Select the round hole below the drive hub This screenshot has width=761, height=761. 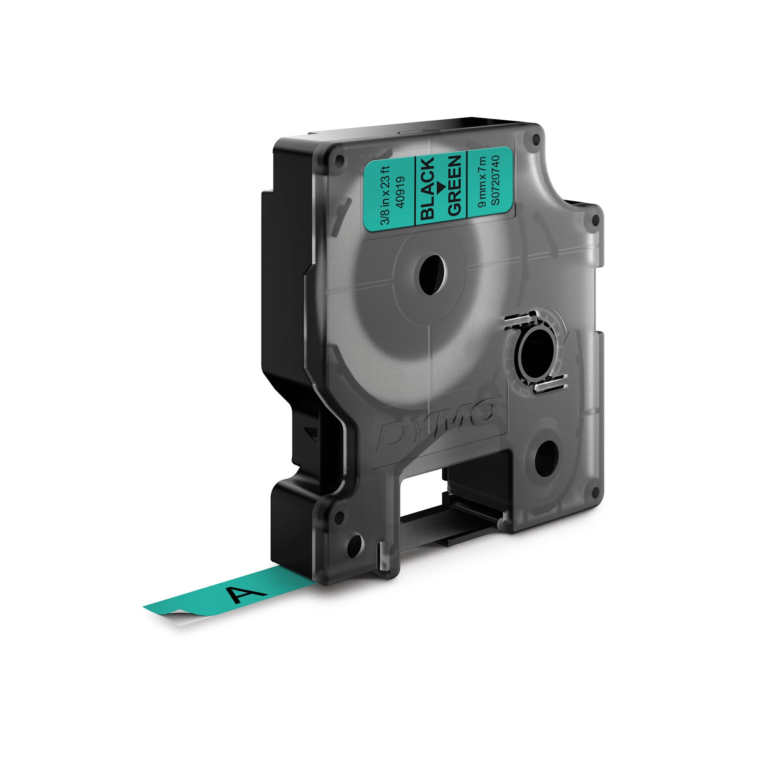[546, 458]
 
